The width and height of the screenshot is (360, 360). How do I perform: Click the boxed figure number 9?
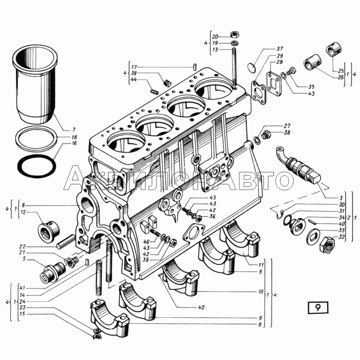click(318, 308)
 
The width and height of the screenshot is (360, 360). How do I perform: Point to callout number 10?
click(261, 292)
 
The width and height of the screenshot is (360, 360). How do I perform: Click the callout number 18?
click(74, 137)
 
